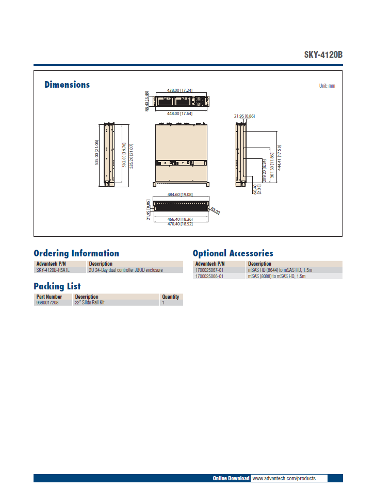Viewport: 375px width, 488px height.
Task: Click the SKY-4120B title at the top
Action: [323, 55]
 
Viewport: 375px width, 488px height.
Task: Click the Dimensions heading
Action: [67, 85]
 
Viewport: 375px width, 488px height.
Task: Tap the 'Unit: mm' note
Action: [327, 86]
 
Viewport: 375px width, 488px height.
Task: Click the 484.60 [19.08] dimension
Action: [180, 194]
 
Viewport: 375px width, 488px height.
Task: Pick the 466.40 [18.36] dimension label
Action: [180, 219]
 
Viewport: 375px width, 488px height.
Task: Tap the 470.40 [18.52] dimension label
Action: [180, 224]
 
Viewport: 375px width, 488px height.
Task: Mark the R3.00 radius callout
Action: [216, 211]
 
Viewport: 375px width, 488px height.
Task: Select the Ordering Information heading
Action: [76, 253]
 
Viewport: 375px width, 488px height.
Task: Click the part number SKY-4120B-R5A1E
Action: [53, 270]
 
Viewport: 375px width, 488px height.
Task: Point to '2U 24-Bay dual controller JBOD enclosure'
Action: [126, 270]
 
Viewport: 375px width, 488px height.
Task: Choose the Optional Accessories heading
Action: [233, 253]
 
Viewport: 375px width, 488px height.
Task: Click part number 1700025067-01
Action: [209, 270]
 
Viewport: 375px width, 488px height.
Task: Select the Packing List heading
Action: [57, 286]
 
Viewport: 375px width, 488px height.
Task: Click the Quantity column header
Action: [170, 297]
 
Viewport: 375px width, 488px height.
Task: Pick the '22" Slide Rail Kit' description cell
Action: [90, 303]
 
